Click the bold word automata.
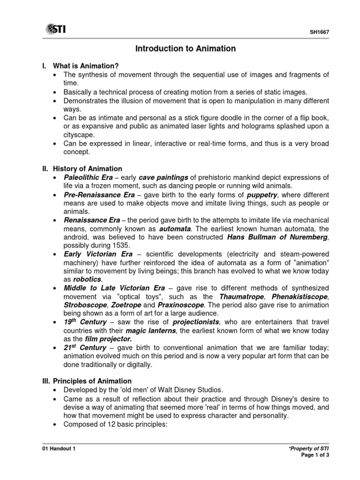pyautogui.click(x=175, y=228)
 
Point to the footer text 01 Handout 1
pyautogui.click(x=59, y=448)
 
